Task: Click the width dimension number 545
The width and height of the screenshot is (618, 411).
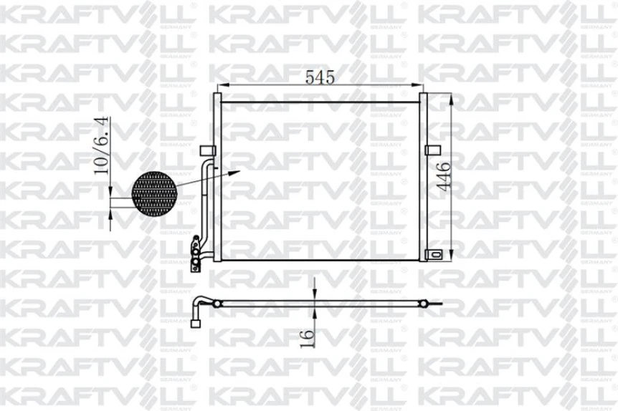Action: pos(319,77)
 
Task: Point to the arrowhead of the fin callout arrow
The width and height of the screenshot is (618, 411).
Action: pos(237,173)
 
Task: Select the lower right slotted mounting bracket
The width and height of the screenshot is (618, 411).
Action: pos(434,254)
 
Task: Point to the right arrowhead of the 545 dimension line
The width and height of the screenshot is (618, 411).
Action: pos(422,87)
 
